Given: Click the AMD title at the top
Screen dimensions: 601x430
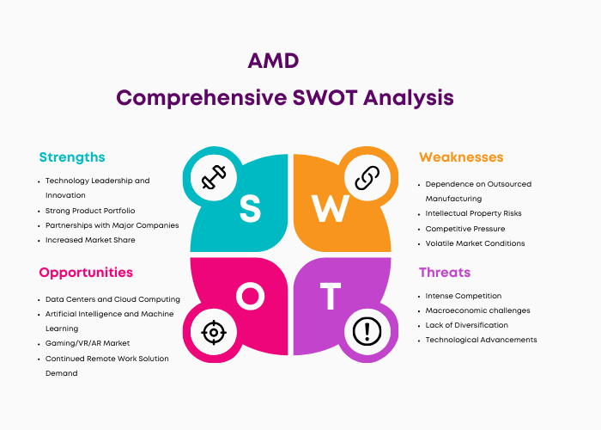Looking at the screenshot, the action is click(273, 61).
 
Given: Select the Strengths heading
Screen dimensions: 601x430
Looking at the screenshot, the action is click(72, 157).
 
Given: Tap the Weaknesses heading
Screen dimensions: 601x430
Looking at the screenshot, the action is click(461, 157).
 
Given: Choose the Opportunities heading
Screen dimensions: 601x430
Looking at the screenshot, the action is click(86, 273).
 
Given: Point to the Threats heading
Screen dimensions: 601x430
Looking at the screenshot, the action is click(445, 273).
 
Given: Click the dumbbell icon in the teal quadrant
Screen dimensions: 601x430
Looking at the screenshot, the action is click(214, 177).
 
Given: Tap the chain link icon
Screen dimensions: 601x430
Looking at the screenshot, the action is click(367, 178).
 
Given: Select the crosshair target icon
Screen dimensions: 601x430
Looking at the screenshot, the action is click(214, 332).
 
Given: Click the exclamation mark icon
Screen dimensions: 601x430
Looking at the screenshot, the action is click(367, 331).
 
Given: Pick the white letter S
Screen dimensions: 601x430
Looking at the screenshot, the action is click(251, 208).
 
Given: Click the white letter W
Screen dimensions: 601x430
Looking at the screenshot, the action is click(330, 208).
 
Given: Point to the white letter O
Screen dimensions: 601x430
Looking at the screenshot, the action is click(251, 296).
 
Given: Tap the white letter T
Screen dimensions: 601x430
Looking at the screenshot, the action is click(331, 296).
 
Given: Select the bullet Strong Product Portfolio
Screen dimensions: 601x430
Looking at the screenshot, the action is click(90, 211).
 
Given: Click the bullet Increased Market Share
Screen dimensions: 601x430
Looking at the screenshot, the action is click(90, 240).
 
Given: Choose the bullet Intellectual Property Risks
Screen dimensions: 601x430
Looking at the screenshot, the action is click(473, 213).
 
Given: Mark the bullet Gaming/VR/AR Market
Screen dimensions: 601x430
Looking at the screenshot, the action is click(88, 343).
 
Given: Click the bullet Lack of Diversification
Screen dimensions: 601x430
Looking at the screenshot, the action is click(466, 325).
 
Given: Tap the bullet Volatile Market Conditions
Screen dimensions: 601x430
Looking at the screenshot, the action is click(475, 243).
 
